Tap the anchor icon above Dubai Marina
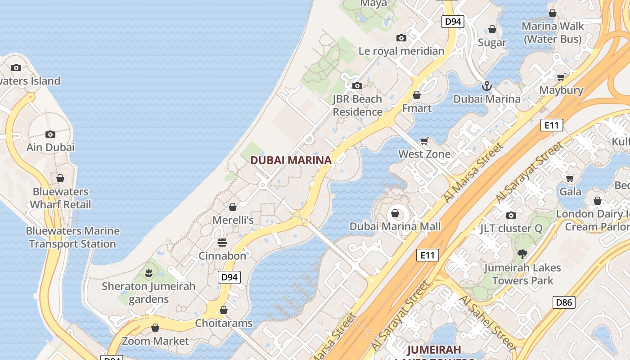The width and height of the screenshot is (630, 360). (x=486, y=85)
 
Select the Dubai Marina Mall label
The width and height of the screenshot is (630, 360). (x=395, y=226)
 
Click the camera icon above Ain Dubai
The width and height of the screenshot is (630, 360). (x=50, y=134)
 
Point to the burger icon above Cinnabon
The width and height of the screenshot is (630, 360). (x=222, y=243)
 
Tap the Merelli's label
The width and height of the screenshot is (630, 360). (x=233, y=220)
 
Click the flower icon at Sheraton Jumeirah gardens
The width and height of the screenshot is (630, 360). (x=148, y=273)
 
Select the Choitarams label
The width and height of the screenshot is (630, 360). (x=224, y=323)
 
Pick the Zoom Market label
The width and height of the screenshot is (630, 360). (x=155, y=341)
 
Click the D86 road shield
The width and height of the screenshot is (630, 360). (x=564, y=302)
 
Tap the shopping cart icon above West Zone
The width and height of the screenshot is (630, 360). (x=424, y=141)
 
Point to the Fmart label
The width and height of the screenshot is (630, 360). (x=417, y=108)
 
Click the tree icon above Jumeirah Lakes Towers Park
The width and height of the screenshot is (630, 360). (x=522, y=254)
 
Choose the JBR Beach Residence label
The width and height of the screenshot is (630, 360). (x=357, y=105)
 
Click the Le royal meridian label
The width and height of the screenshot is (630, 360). (x=401, y=51)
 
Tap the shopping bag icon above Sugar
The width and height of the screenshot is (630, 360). (x=492, y=30)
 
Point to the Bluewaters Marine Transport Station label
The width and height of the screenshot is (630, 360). (x=73, y=238)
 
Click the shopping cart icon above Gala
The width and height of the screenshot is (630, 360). (x=570, y=178)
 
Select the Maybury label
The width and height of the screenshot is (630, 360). (x=561, y=90)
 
